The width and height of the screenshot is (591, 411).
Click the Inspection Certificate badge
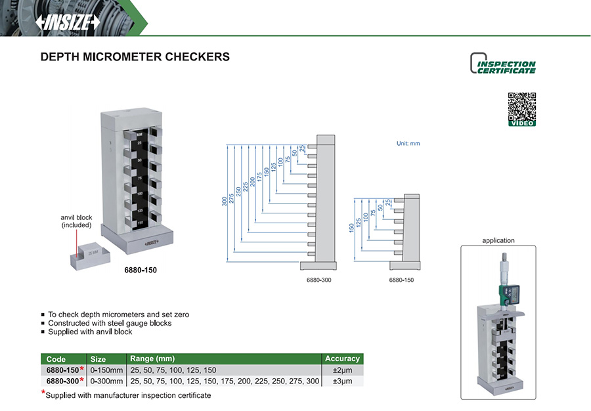tap(503, 64)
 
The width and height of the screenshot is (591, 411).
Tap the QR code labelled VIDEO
tap(522, 109)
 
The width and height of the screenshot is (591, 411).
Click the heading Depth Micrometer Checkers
tap(135, 57)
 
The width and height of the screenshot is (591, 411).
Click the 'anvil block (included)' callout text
tap(77, 221)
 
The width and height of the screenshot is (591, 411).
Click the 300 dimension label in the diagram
tap(224, 201)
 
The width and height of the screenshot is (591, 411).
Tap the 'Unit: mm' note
tap(408, 142)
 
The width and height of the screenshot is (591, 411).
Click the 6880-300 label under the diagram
tap(318, 280)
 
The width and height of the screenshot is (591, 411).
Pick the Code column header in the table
tap(56, 358)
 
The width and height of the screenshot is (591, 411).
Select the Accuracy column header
tap(342, 358)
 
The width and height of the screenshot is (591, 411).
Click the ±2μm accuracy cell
tap(342, 370)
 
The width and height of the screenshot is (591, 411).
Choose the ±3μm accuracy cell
tap(342, 381)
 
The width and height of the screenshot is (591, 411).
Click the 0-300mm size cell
tap(106, 381)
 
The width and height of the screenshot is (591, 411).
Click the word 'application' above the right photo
tap(499, 241)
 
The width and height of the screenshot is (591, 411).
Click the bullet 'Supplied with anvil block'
tap(90, 332)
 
